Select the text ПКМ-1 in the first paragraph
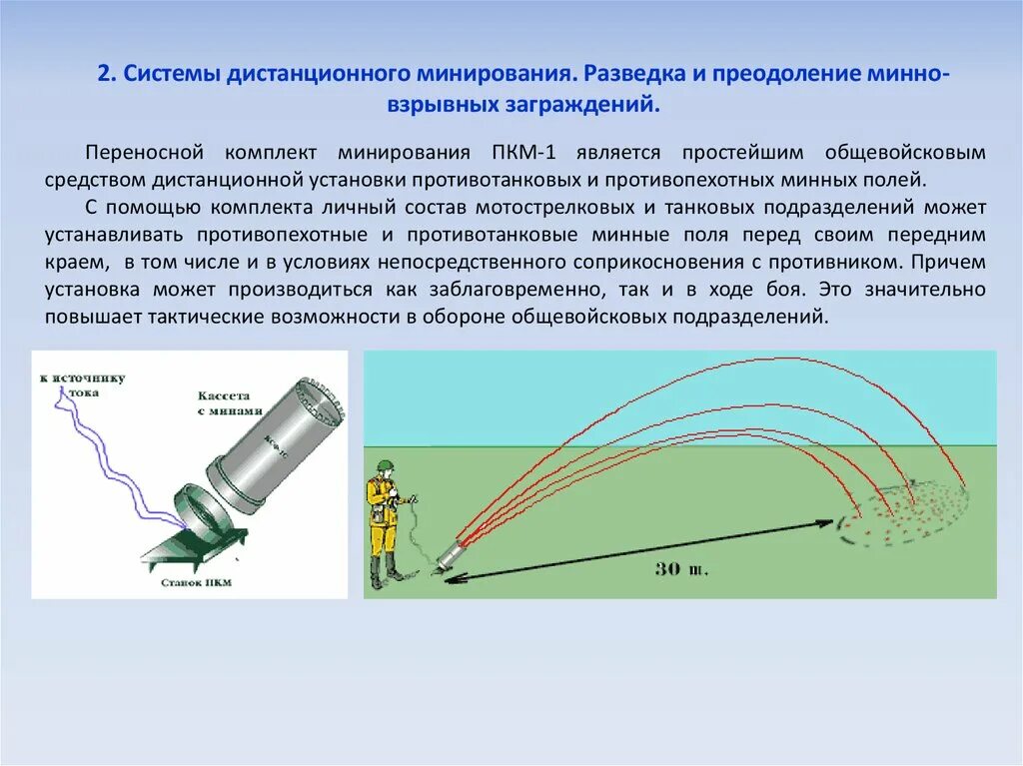coord(524,153)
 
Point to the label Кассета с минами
coord(229,403)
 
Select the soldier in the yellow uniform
coord(383,519)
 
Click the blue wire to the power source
coord(110,459)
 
